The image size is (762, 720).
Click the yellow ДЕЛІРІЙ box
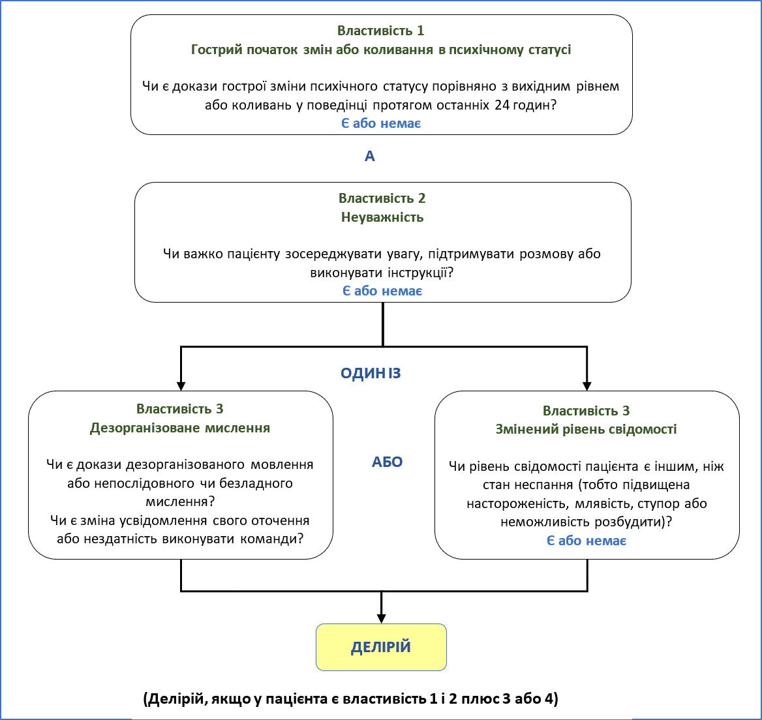[381, 647]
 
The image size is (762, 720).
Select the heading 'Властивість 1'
[380, 31]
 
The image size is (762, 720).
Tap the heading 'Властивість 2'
[382, 198]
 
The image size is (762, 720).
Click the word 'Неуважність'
[382, 217]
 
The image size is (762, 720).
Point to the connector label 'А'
[370, 157]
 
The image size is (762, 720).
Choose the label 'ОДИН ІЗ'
[371, 374]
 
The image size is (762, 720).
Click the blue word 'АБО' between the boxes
[388, 462]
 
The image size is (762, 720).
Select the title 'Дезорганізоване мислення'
[180, 428]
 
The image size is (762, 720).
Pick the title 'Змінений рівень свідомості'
[586, 429]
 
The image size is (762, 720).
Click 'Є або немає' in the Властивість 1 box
[381, 123]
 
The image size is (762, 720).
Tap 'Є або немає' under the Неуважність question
[382, 291]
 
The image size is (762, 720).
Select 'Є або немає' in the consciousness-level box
[587, 541]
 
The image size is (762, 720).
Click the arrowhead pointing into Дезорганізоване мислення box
[181, 385]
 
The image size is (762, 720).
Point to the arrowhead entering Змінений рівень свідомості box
[587, 385]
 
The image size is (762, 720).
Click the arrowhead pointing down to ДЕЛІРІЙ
[382, 618]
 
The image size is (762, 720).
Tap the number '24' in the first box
[502, 104]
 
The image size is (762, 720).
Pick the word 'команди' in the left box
[269, 539]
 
